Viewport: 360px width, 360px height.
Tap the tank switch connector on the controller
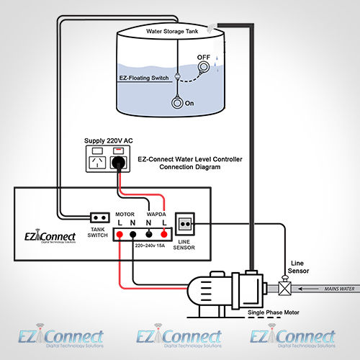[99, 217]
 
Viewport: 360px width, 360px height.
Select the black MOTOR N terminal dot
[133, 234]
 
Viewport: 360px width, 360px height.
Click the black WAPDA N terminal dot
[150, 234]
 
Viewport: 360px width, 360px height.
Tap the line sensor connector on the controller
[184, 222]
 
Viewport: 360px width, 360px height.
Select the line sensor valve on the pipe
[285, 289]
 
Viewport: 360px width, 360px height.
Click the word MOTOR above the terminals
[125, 214]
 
